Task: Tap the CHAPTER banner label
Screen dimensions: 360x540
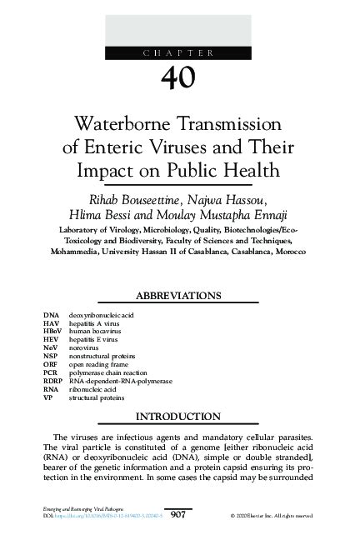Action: click(x=179, y=53)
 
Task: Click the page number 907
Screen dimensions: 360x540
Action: click(x=179, y=517)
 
